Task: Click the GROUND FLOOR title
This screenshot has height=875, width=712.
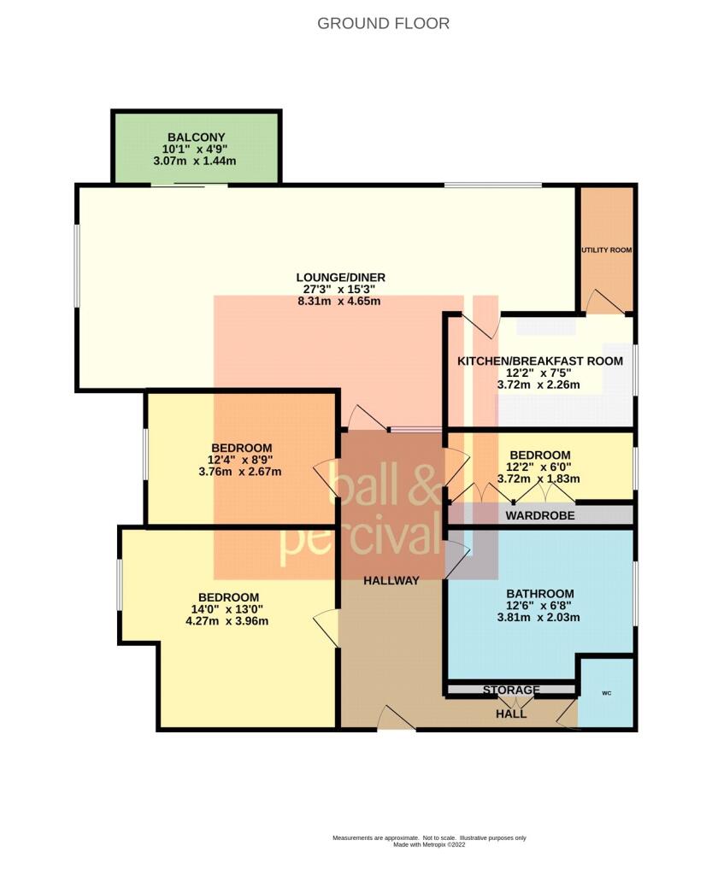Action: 383,24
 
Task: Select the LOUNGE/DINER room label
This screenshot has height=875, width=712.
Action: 340,278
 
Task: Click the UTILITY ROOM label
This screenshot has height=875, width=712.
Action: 607,250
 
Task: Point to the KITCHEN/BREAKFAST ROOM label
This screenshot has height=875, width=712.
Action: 540,361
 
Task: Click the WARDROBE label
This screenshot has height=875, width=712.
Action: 539,516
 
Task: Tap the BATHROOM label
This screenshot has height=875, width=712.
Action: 539,594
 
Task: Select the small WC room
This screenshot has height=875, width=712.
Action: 606,693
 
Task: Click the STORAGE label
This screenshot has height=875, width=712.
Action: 511,690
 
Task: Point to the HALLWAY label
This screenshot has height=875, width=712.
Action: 391,581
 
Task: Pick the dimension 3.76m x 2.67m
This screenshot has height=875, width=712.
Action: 241,472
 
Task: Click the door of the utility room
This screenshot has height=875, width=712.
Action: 603,302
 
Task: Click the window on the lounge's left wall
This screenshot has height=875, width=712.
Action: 77,265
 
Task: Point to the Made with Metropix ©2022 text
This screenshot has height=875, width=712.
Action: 429,844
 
